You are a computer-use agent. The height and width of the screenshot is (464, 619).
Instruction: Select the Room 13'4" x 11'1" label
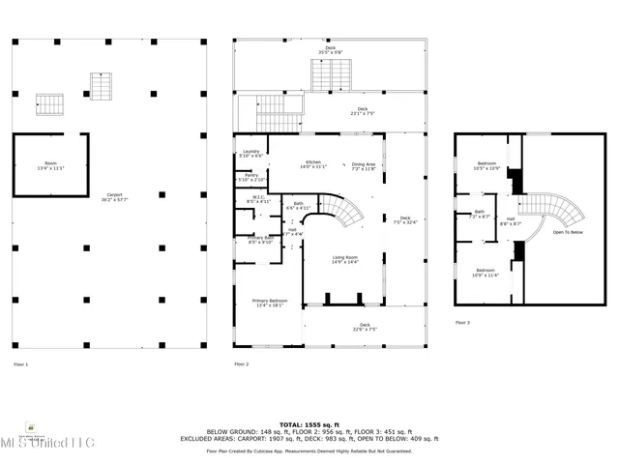[x=50, y=165]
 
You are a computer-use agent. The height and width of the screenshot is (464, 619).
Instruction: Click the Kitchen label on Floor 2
[x=313, y=164]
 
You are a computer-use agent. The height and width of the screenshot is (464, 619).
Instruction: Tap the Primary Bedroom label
[x=270, y=303]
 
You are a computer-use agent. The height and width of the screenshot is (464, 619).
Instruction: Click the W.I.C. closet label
[x=258, y=199]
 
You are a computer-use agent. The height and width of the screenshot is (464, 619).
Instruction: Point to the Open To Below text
[x=567, y=233]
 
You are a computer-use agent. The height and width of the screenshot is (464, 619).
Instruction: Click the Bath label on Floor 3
[x=480, y=214]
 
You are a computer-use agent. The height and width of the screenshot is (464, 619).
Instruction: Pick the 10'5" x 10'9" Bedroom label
[x=487, y=165]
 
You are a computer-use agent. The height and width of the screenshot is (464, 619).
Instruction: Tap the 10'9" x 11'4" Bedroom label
[x=486, y=272]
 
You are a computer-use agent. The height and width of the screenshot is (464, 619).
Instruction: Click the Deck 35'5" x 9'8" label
[x=330, y=49]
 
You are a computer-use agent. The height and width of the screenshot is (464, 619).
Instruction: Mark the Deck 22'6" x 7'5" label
[x=365, y=327]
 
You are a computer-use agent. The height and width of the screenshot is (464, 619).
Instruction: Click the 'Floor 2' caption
[x=242, y=364]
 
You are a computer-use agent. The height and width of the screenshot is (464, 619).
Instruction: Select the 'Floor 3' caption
[x=462, y=322]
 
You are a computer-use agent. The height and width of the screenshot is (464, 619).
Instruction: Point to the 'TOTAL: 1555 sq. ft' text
[x=309, y=423]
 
